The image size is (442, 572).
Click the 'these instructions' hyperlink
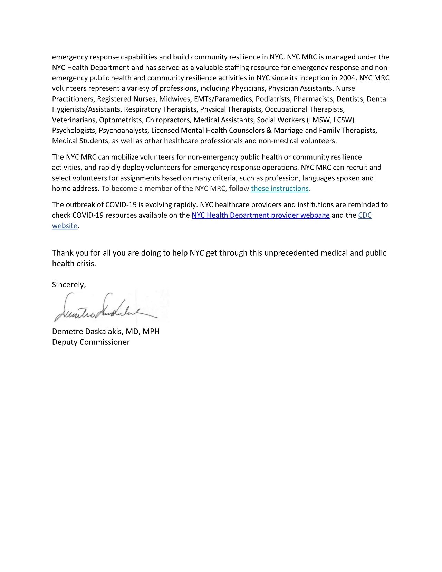coord(280,189)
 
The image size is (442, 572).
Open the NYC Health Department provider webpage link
coord(261,215)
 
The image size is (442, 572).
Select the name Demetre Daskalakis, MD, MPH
coord(106,332)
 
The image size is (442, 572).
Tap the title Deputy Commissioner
coord(91,342)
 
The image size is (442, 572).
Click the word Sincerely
coord(68,285)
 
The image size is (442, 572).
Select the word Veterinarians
coord(74,120)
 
